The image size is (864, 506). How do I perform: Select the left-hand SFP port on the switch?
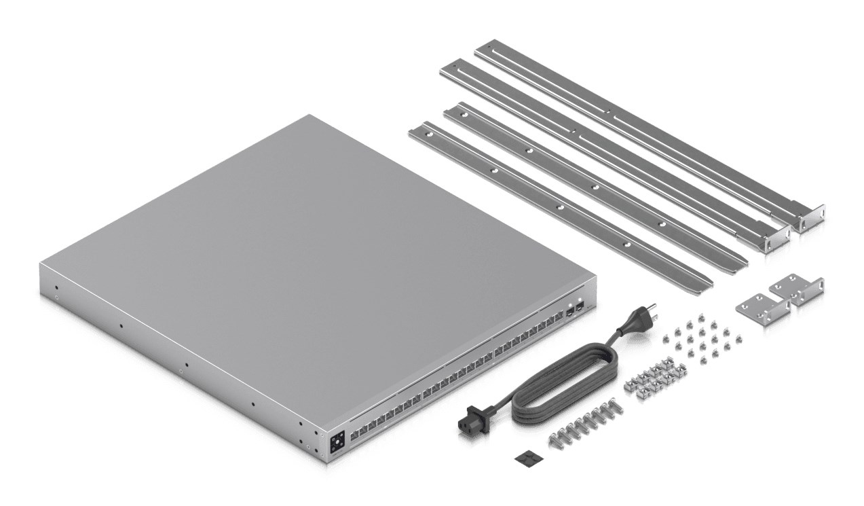point(569,313)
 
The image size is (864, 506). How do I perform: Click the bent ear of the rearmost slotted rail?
point(810,220)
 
